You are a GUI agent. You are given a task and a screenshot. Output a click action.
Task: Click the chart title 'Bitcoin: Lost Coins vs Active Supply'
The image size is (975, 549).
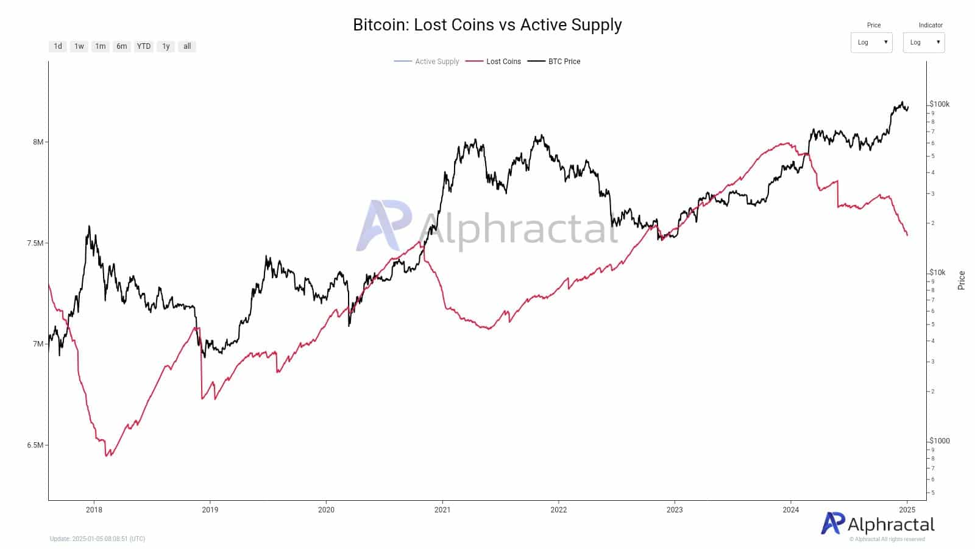pyautogui.click(x=487, y=25)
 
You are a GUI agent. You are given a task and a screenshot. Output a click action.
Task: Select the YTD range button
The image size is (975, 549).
pyautogui.click(x=144, y=46)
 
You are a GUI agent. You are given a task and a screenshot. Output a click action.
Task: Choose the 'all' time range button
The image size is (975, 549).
pyautogui.click(x=187, y=46)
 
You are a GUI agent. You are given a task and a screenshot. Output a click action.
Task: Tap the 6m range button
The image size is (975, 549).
pyautogui.click(x=122, y=46)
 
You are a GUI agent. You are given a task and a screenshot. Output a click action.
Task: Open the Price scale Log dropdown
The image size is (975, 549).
pyautogui.click(x=871, y=43)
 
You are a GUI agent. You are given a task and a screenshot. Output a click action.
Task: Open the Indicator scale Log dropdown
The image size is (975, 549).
pyautogui.click(x=924, y=43)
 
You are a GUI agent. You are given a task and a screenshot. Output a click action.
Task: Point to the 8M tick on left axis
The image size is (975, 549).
pyautogui.click(x=38, y=142)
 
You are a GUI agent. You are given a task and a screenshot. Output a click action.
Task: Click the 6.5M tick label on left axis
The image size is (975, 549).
pyautogui.click(x=35, y=445)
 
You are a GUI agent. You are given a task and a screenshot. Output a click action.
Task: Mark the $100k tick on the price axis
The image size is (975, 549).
pyautogui.click(x=940, y=104)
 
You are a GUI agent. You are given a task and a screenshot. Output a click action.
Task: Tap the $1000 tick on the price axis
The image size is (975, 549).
pyautogui.click(x=940, y=441)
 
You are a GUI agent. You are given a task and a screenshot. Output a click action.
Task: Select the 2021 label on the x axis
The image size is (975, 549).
pyautogui.click(x=442, y=510)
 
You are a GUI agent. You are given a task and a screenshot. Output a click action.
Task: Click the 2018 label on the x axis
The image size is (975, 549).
pyautogui.click(x=94, y=510)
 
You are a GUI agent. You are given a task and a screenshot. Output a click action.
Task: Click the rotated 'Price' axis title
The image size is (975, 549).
pyautogui.click(x=962, y=280)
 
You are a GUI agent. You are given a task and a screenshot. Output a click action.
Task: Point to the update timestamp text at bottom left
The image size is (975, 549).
pyautogui.click(x=97, y=539)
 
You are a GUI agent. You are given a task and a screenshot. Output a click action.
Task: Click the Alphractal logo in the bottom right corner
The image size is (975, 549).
pyautogui.click(x=877, y=525)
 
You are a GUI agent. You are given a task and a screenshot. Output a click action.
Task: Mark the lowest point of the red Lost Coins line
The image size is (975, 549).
pyautogui.click(x=107, y=456)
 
